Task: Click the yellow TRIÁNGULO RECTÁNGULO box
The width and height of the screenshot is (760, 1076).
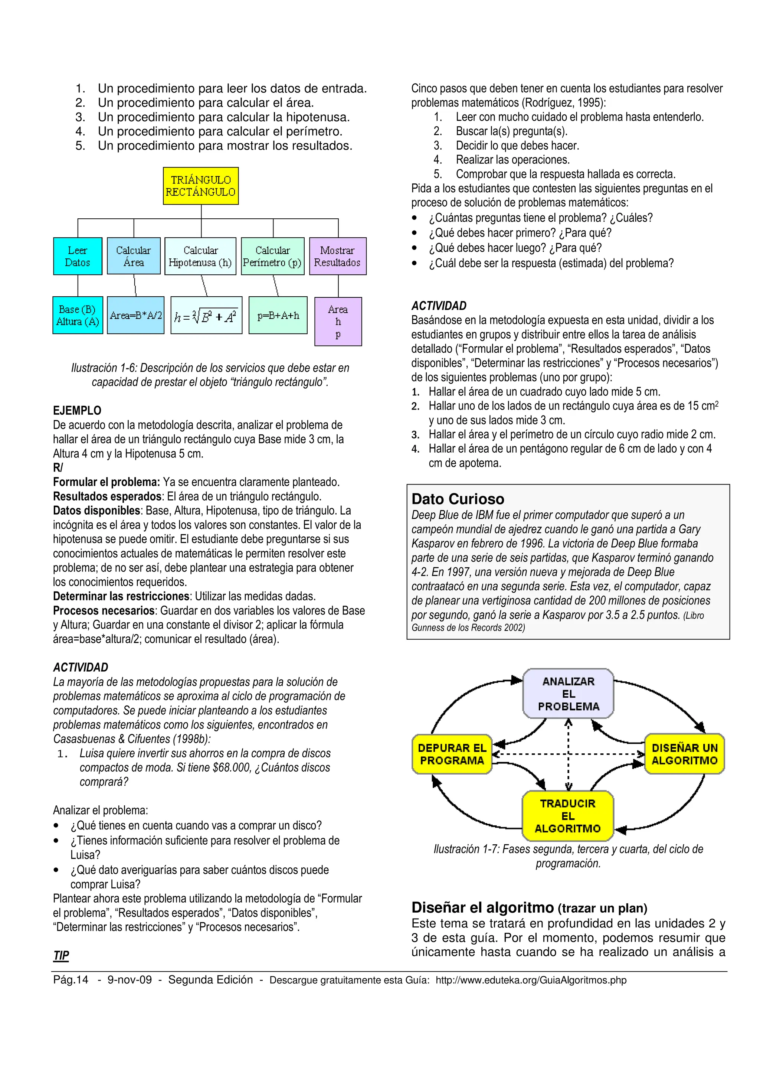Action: click(x=200, y=186)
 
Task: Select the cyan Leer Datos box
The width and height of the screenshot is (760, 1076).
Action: click(x=78, y=256)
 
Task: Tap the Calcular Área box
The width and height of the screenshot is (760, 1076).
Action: click(x=134, y=256)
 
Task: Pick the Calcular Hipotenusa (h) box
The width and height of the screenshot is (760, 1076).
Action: click(x=200, y=256)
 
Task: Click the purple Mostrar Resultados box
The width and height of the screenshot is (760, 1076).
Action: click(x=338, y=256)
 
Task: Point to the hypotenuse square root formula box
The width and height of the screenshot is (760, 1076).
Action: click(x=206, y=315)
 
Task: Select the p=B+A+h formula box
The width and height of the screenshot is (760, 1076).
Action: click(x=278, y=315)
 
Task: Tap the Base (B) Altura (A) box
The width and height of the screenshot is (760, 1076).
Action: click(x=78, y=315)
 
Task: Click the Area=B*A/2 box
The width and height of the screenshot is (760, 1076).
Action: click(x=136, y=315)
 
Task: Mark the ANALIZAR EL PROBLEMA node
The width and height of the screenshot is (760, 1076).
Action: click(x=568, y=694)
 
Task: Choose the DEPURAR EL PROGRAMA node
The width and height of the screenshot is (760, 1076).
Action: click(x=452, y=754)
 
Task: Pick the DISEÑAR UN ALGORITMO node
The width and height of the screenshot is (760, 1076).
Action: click(x=684, y=754)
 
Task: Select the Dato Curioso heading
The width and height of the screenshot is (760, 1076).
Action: click(x=458, y=499)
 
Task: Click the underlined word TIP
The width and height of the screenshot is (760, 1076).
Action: click(x=61, y=956)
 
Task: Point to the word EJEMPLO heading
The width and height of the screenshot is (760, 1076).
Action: click(x=77, y=411)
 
